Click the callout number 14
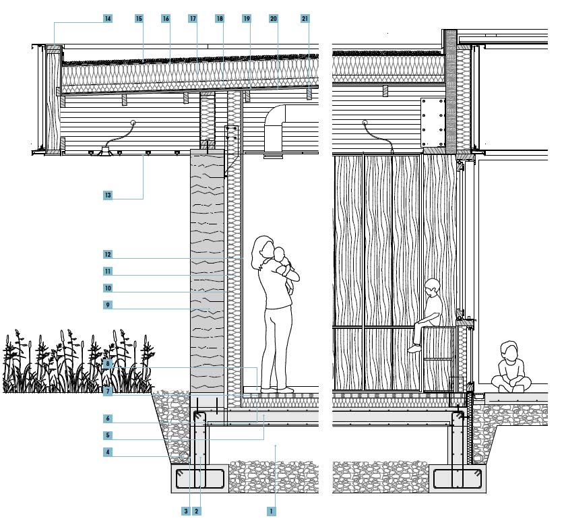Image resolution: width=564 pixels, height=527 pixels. tap(108, 18)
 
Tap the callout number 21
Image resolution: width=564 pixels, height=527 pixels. tap(305, 18)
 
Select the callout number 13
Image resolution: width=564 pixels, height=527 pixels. tap(108, 195)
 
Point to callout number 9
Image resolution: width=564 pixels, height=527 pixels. tap(108, 305)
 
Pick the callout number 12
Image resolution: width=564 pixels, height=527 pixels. tap(108, 255)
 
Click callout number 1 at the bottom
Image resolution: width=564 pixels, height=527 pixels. tap(271, 511)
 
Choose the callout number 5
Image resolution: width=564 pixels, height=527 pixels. tap(108, 435)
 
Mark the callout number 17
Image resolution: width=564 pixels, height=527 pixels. tap(193, 18)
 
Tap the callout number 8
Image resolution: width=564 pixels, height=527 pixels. tap(108, 364)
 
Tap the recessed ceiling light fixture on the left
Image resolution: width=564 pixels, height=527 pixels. tap(106, 151)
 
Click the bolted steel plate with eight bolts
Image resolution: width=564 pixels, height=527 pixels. tap(433, 123)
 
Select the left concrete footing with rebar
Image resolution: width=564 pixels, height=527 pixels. tap(200, 478)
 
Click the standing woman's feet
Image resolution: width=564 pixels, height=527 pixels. tap(278, 390)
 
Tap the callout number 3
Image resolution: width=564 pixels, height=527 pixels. tap(186, 511)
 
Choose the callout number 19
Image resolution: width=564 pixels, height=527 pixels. tap(247, 18)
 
